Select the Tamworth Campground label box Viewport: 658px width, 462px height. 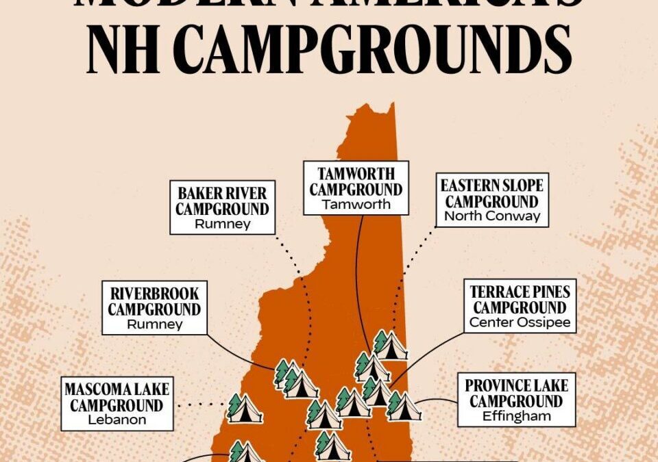pos(356,188)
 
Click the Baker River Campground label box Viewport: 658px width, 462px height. pos(223,207)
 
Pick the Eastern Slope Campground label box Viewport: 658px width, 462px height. pos(491,199)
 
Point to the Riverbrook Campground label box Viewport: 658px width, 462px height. pos(154,308)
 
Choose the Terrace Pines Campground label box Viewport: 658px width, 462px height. pos(520,306)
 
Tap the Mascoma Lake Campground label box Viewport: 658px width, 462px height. pos(117,403)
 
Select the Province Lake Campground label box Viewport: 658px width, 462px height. pos(517,400)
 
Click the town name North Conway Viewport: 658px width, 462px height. pos(491,216)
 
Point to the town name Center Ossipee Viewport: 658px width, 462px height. pos(520,322)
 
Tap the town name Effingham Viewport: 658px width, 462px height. pos(517,416)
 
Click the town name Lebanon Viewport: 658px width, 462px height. pos(117,420)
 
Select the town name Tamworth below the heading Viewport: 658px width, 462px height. pos(356,204)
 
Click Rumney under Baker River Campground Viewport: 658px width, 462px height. pos(223,224)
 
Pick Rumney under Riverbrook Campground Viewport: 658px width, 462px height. pos(154,324)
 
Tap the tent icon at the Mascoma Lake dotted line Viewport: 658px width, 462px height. pos(245,409)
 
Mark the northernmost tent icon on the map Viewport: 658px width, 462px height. pos(389,346)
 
